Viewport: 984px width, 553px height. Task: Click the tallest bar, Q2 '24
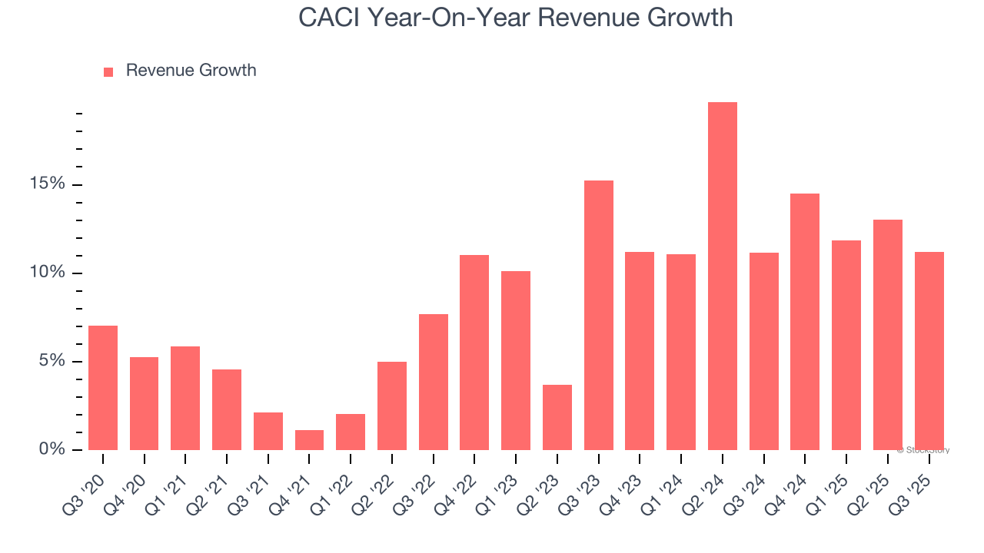click(x=723, y=276)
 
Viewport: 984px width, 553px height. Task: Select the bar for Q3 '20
click(x=103, y=388)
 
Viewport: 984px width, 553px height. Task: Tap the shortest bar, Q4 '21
click(x=309, y=440)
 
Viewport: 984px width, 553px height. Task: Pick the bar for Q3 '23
click(x=599, y=315)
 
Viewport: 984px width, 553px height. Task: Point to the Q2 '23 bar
click(x=557, y=417)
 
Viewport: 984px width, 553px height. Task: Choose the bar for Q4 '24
click(x=805, y=322)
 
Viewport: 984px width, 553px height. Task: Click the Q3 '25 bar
click(x=929, y=351)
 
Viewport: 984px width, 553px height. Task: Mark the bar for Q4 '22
click(x=474, y=353)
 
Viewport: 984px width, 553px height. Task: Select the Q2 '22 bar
click(x=392, y=406)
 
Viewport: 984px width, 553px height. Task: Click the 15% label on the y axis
click(x=48, y=184)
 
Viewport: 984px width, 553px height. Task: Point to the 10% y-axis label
click(x=48, y=273)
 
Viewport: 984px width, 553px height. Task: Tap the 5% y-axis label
click(x=52, y=361)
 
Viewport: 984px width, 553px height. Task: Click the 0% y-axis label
click(x=52, y=449)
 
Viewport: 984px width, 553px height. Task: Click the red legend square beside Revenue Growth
click(x=108, y=71)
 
